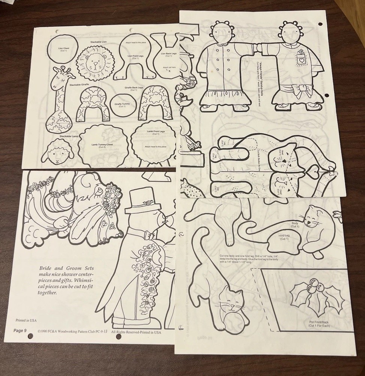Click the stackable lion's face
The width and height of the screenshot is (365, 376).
[x=95, y=62]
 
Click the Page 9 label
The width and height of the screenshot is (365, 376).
[x=20, y=331]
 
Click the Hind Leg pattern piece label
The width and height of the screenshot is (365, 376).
[x=284, y=238]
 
